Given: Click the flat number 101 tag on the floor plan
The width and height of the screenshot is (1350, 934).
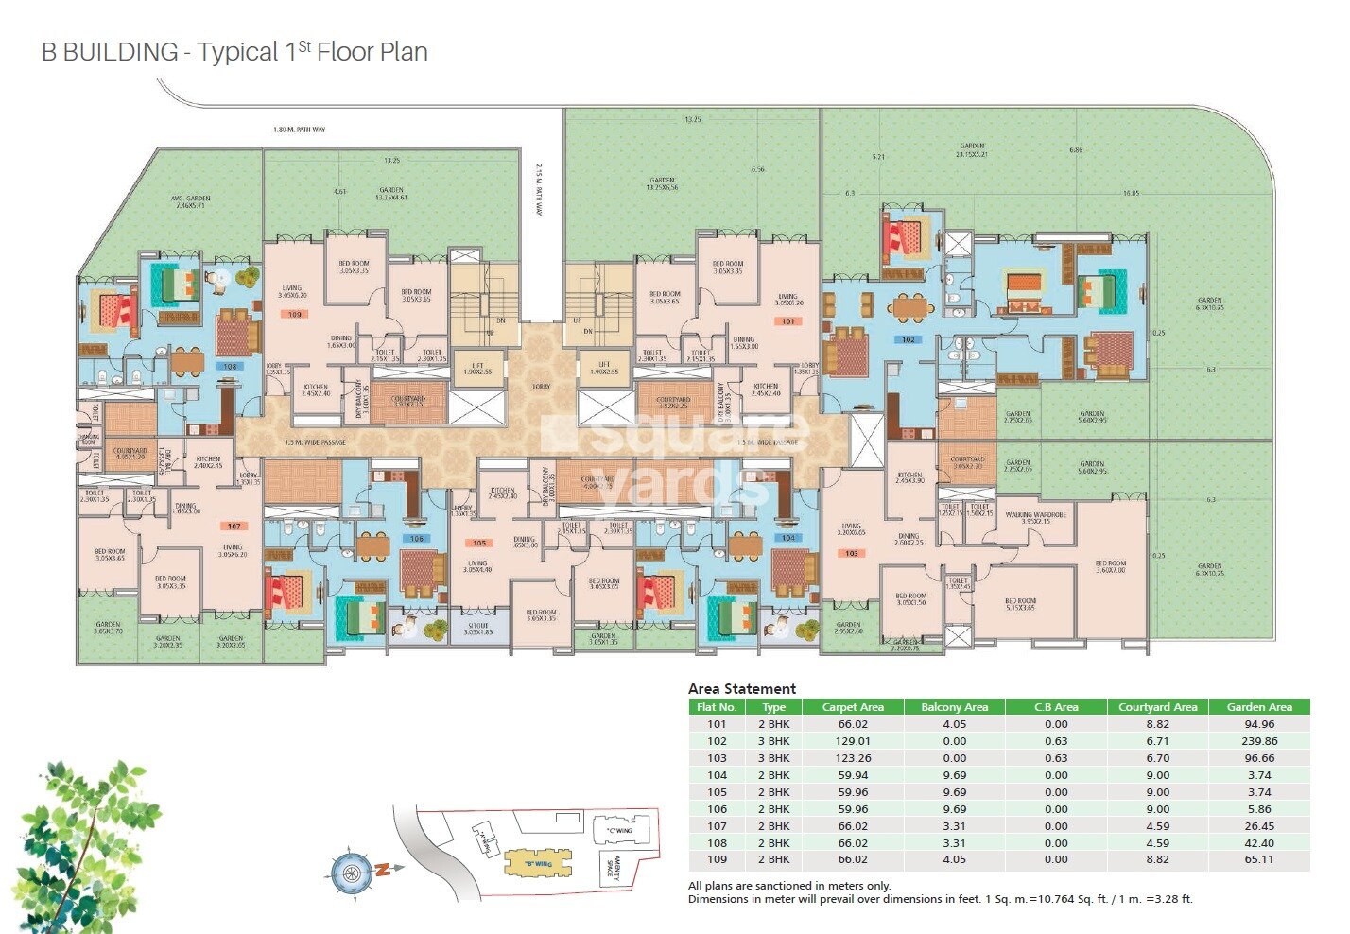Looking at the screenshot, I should pyautogui.click(x=787, y=321).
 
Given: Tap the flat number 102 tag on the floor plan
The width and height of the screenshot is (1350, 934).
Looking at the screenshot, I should pyautogui.click(x=908, y=339).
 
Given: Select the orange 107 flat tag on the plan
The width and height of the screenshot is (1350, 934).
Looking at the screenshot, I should pyautogui.click(x=234, y=527).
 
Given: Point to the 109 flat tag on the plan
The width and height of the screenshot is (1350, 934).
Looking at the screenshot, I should pyautogui.click(x=295, y=314).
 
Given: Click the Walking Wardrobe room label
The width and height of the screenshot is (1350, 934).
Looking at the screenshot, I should pyautogui.click(x=1035, y=518).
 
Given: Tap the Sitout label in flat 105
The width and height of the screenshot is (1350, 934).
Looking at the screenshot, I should pyautogui.click(x=478, y=629).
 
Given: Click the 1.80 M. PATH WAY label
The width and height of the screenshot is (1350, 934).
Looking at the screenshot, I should pyautogui.click(x=299, y=130).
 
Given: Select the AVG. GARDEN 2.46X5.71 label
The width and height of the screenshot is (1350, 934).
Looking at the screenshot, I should pyautogui.click(x=190, y=201).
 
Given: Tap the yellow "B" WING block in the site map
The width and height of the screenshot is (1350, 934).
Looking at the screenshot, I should pyautogui.click(x=538, y=863).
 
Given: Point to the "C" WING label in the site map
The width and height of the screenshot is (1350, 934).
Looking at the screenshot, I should pyautogui.click(x=618, y=831).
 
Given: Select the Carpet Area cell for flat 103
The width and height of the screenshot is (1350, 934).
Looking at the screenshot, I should pyautogui.click(x=852, y=758).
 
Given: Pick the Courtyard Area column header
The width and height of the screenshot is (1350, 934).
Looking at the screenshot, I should pyautogui.click(x=1157, y=707).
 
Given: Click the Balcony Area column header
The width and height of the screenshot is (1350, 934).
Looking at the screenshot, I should pyautogui.click(x=954, y=707).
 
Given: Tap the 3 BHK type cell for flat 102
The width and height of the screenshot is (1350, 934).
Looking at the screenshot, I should pyautogui.click(x=773, y=741).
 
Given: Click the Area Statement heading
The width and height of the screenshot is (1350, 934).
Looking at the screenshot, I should pyautogui.click(x=741, y=689).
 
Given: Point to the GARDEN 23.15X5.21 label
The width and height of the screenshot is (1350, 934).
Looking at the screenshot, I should pyautogui.click(x=972, y=150).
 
